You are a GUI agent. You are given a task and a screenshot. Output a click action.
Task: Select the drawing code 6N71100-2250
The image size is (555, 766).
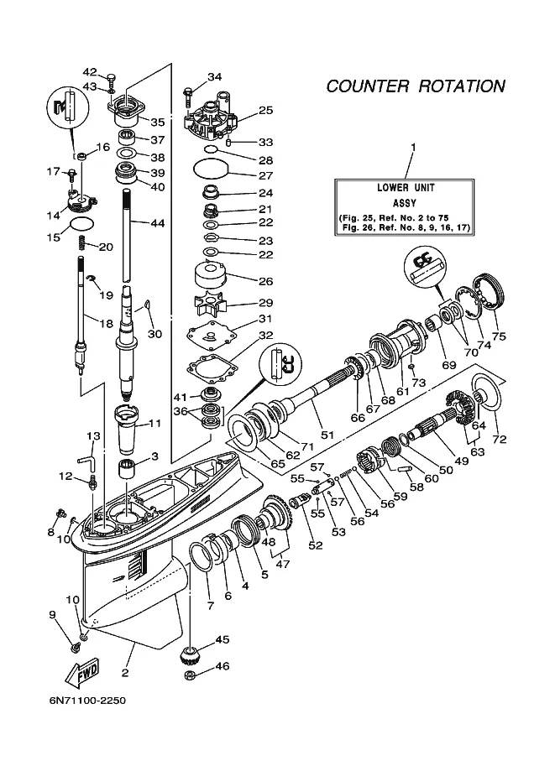coord(87,701)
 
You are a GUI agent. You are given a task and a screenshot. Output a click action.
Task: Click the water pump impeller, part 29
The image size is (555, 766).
coord(210,305)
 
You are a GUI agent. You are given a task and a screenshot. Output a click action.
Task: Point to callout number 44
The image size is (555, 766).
coord(158,223)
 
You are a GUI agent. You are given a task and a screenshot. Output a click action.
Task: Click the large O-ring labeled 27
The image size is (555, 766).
coord(211,169)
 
